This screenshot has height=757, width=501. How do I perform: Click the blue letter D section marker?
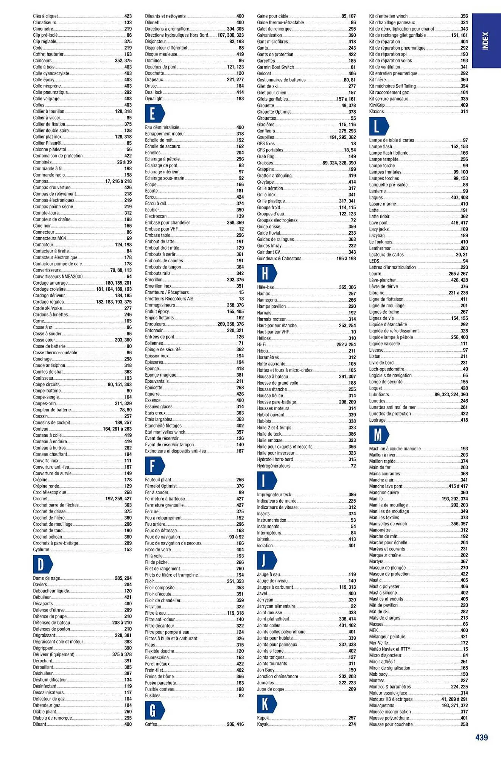tap(42, 564)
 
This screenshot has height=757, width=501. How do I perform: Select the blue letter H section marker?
tap(266, 273)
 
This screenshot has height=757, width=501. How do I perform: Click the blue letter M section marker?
tap(378, 435)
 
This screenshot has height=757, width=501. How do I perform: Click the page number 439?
tap(481, 737)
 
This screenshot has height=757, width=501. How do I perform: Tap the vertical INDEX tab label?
tap(486, 40)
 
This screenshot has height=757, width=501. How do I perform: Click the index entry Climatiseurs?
tap(45, 23)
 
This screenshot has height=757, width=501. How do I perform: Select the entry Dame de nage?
tap(47, 578)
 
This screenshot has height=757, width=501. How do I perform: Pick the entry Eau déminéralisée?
tap(162, 128)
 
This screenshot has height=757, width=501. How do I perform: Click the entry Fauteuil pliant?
tap(158, 480)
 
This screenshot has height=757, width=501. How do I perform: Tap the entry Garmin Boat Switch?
tap(275, 67)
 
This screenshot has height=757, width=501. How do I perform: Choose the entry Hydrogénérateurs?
tap(274, 466)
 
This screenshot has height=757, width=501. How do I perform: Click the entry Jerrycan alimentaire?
tap(276, 606)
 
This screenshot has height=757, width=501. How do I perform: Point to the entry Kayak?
tap(263, 724)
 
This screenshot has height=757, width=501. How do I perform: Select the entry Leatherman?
tap(380, 248)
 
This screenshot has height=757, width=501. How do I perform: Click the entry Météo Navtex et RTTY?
tap(389, 649)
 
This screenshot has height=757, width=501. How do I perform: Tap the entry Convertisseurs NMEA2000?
tap(58, 277)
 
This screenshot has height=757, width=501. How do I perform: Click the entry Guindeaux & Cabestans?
tap(279, 259)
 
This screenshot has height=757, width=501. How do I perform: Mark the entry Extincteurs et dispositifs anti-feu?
tap(175, 451)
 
